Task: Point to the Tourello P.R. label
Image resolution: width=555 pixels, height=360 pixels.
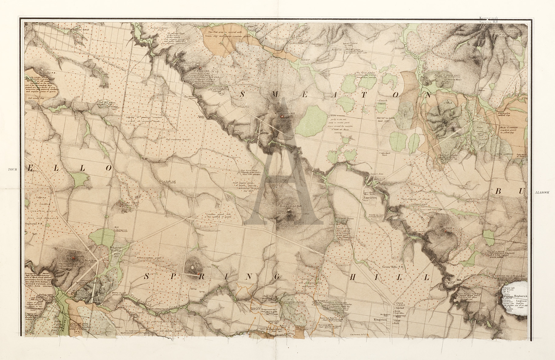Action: click(46, 73)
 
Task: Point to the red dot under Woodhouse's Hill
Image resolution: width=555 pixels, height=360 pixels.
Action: click(282, 116)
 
